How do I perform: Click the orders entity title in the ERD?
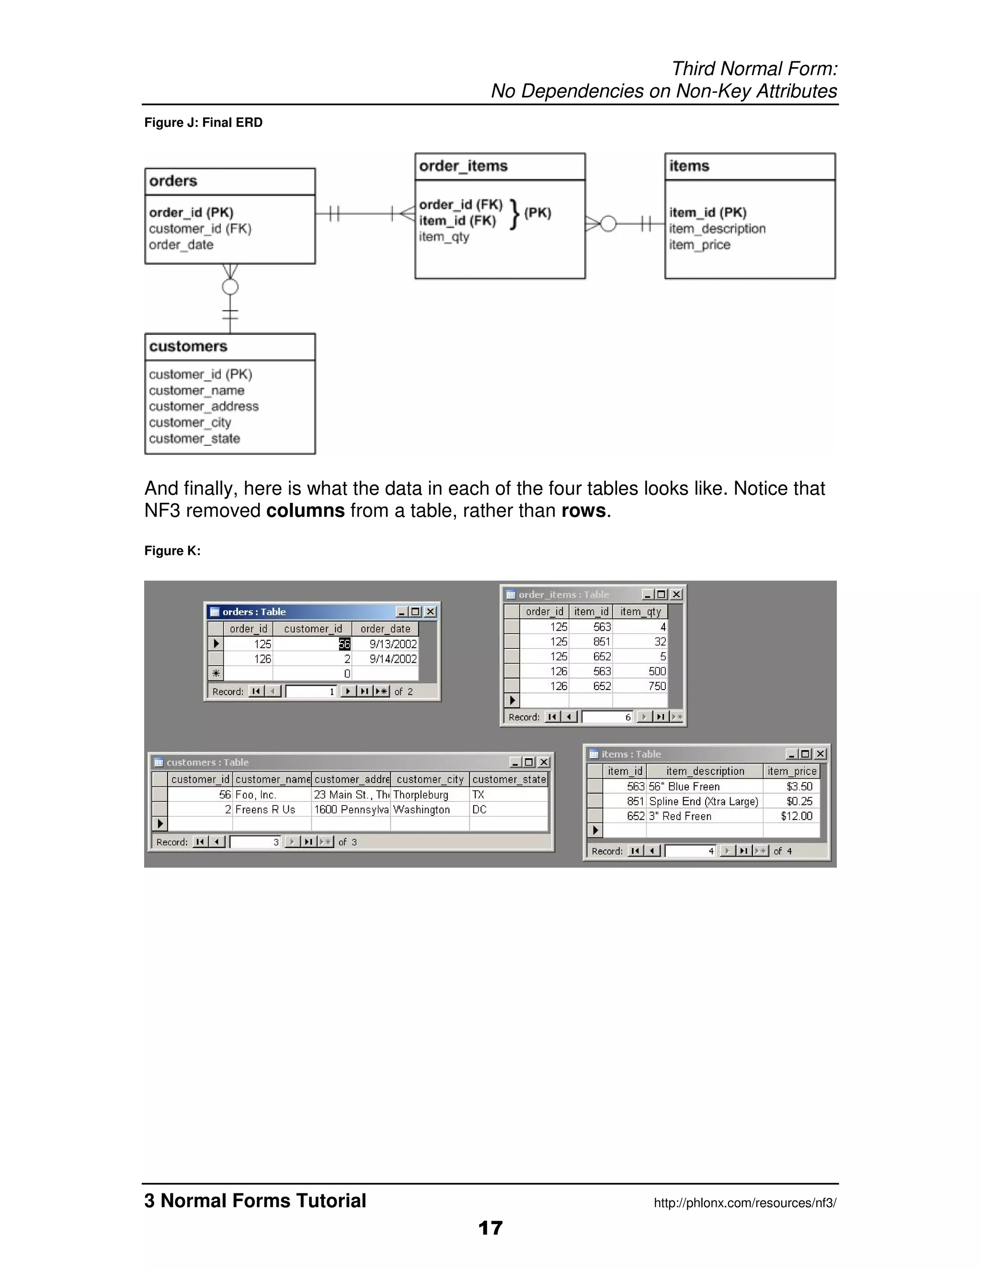pos(173,181)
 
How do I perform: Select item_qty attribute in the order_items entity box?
pos(444,237)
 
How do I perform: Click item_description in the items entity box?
pos(717,229)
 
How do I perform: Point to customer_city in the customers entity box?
pos(190,423)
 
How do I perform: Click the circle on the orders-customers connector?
pos(230,287)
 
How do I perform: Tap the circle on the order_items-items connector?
pos(608,224)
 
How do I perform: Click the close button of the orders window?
pos(430,612)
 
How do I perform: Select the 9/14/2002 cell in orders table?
pos(393,659)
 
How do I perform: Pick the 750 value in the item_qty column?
pos(657,686)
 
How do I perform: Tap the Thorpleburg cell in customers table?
pos(421,795)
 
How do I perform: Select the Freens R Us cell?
pos(265,810)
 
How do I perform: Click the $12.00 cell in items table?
pos(796,816)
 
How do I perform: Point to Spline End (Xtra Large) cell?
pos(703,802)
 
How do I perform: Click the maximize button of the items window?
pos(805,754)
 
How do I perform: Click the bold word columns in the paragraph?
pos(305,511)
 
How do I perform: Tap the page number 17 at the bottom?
pos(490,1228)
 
